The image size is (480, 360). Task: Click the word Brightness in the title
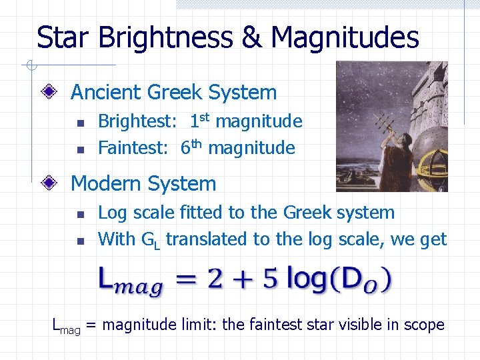coord(166,37)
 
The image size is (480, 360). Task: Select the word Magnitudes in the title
coord(345,37)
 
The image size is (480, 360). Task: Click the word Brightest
coord(137,122)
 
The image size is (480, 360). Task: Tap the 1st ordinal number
coord(200,121)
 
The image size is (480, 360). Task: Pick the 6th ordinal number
coord(191,147)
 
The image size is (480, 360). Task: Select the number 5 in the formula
coord(267,277)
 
